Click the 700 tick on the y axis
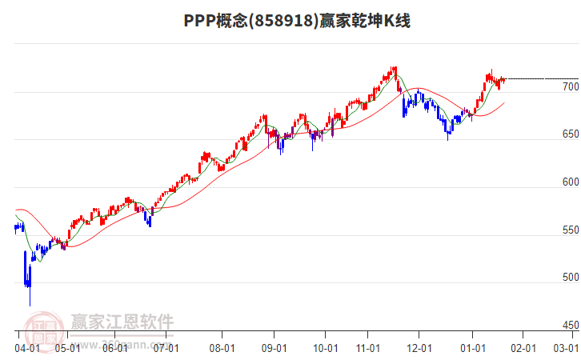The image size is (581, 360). click(570, 86)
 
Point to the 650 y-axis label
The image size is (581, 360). click(570, 134)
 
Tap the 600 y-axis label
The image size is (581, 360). click(570, 182)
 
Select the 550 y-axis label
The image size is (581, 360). click(570, 230)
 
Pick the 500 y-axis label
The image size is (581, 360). click(570, 278)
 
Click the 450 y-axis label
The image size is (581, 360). click(570, 326)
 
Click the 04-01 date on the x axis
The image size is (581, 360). click(27, 348)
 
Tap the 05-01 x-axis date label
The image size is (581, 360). click(66, 348)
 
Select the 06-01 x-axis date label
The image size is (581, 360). click(115, 348)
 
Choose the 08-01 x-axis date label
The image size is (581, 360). click(222, 348)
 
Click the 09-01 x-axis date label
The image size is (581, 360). click(274, 348)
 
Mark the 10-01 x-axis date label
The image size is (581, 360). click(324, 348)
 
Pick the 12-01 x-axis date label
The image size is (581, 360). click(419, 348)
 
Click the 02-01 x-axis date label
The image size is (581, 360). click(522, 348)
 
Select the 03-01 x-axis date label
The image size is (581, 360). click(567, 348)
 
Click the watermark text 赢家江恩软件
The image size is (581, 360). click(122, 322)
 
